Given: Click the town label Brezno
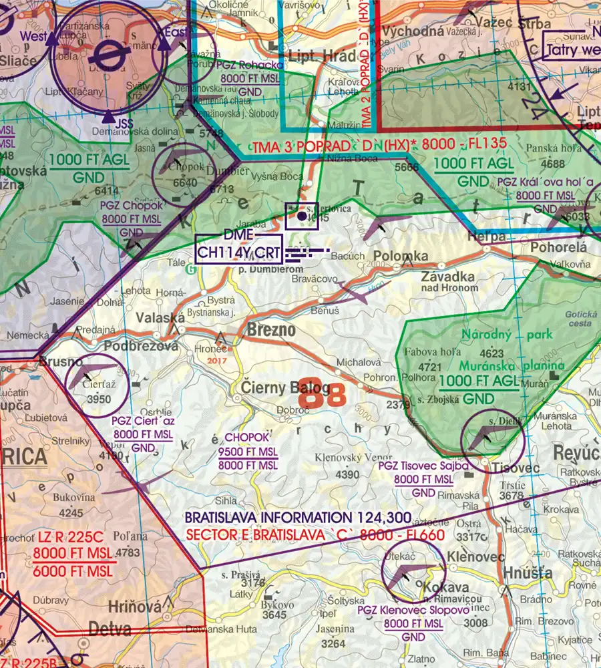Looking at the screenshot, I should click(271, 331).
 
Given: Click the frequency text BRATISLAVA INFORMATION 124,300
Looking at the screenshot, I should click(298, 518).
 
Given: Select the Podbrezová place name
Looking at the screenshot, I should click(142, 346).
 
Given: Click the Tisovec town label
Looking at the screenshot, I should click(515, 468).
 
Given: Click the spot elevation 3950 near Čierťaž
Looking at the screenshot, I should click(99, 399).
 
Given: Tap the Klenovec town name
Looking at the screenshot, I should click(469, 555).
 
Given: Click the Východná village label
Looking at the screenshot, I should click(413, 30).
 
